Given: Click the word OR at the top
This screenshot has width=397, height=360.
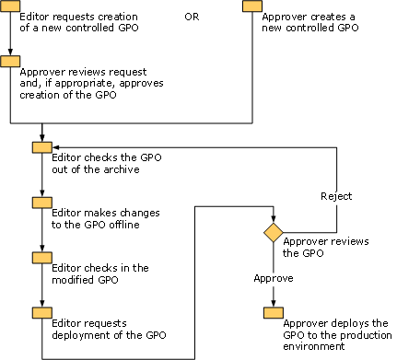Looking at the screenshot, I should pyautogui.click(x=192, y=16).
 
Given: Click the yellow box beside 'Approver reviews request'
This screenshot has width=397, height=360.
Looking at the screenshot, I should pyautogui.click(x=10, y=62).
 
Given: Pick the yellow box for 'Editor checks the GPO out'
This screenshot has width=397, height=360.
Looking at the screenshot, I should pyautogui.click(x=41, y=147).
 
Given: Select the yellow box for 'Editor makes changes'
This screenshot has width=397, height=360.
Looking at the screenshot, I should pyautogui.click(x=41, y=203).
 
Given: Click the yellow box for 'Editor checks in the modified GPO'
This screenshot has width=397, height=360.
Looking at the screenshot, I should pyautogui.click(x=41, y=258).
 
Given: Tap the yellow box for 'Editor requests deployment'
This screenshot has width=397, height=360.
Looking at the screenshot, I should pyautogui.click(x=41, y=313).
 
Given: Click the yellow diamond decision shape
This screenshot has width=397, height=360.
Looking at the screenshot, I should pyautogui.click(x=273, y=232).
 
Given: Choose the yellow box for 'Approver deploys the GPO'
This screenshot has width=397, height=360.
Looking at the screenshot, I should pyautogui.click(x=273, y=313).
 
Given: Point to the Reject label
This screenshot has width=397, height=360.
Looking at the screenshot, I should pyautogui.click(x=336, y=196).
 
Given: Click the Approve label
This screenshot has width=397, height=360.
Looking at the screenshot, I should pyautogui.click(x=273, y=277).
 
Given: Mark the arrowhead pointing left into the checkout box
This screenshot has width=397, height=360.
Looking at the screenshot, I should pyautogui.click(x=56, y=147).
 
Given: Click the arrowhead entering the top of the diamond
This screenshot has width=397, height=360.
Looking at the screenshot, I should pyautogui.click(x=273, y=217).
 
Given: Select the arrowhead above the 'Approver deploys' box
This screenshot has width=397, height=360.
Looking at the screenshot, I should pyautogui.click(x=273, y=303).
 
